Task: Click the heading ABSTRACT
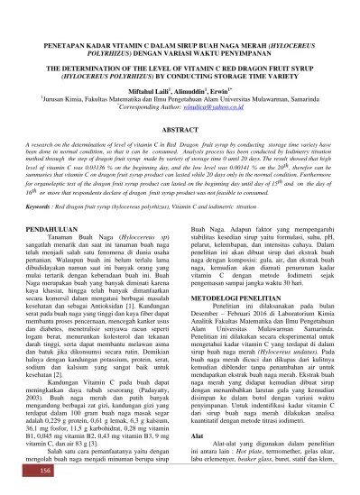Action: point(180,132)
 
